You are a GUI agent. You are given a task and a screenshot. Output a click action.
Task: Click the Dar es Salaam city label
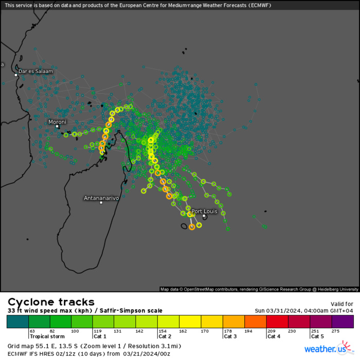35,71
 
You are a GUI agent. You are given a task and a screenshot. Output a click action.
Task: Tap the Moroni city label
57,122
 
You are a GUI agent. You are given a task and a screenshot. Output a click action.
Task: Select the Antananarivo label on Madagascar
101,198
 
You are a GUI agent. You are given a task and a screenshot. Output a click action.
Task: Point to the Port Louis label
204,211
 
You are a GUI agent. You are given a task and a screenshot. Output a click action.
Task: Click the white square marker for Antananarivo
101,203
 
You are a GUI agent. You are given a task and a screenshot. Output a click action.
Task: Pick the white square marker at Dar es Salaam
16,75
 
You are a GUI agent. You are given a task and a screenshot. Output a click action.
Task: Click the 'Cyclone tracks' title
51,302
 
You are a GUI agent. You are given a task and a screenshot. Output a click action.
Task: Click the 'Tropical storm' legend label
47,336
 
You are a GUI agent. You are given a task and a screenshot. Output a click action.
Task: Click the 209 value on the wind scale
271,331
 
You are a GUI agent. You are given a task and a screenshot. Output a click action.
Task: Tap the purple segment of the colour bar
343,322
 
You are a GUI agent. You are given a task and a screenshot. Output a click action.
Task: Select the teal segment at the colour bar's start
17,322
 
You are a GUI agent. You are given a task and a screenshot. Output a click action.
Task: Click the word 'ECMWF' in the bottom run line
18,354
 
